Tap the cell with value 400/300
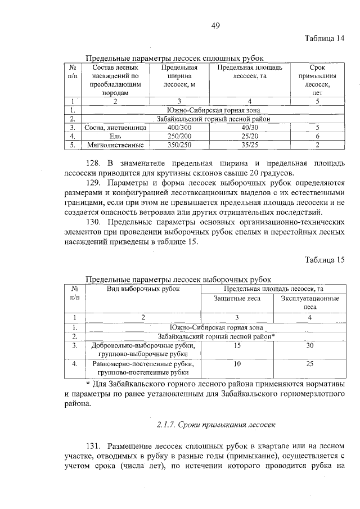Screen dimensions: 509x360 [x=178, y=128]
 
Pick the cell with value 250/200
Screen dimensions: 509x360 [x=178, y=136]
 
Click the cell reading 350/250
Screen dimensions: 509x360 [x=178, y=145]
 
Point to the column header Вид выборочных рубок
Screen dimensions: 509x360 [x=143, y=289]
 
